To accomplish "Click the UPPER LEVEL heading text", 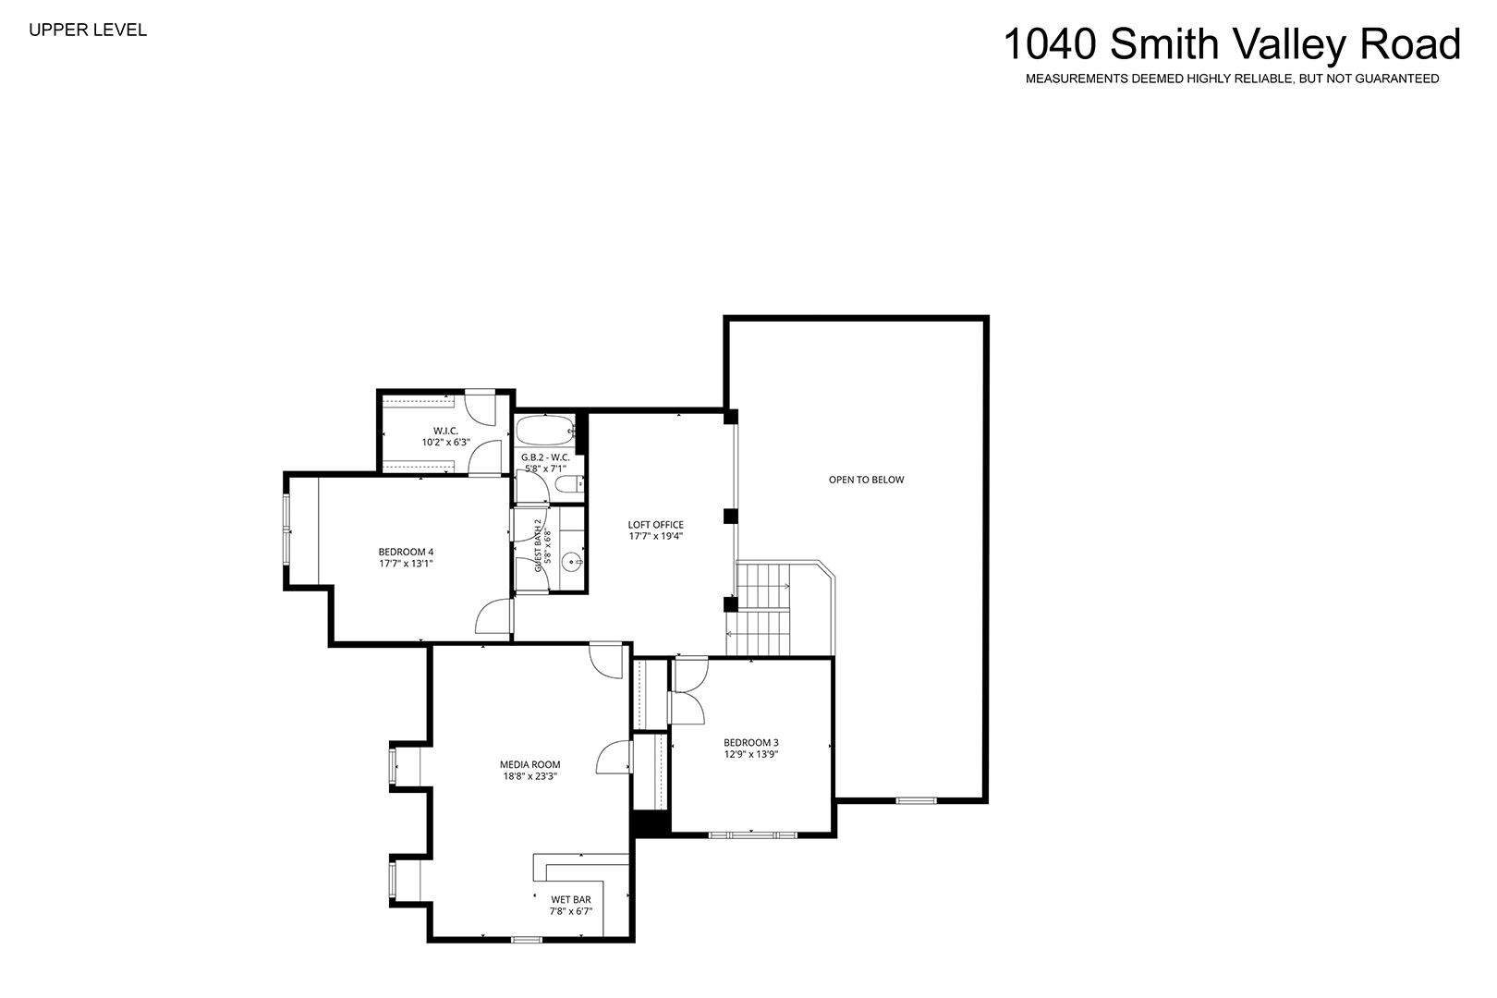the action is [88, 30].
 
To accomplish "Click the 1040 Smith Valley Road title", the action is [1232, 44].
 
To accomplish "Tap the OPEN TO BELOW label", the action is [866, 480].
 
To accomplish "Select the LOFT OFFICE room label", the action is [655, 525].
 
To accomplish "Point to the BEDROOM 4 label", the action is [406, 553].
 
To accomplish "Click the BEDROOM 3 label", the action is [751, 743].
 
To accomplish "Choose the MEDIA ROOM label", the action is [530, 765].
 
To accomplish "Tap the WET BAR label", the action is [571, 900].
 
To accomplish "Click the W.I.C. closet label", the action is [445, 432].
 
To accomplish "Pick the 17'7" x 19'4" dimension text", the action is [655, 536].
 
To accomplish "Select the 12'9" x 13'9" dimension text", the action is [751, 754].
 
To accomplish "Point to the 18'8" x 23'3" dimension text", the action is [530, 776].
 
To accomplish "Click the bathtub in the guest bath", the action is [545, 431].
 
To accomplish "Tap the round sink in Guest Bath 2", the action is [571, 561].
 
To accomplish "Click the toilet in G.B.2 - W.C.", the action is [569, 484].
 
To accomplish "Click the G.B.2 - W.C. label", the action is [545, 458].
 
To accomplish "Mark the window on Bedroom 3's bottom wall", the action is [752, 834].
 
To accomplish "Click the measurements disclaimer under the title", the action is [1233, 79].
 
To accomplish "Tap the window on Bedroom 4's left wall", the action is [286, 530].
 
